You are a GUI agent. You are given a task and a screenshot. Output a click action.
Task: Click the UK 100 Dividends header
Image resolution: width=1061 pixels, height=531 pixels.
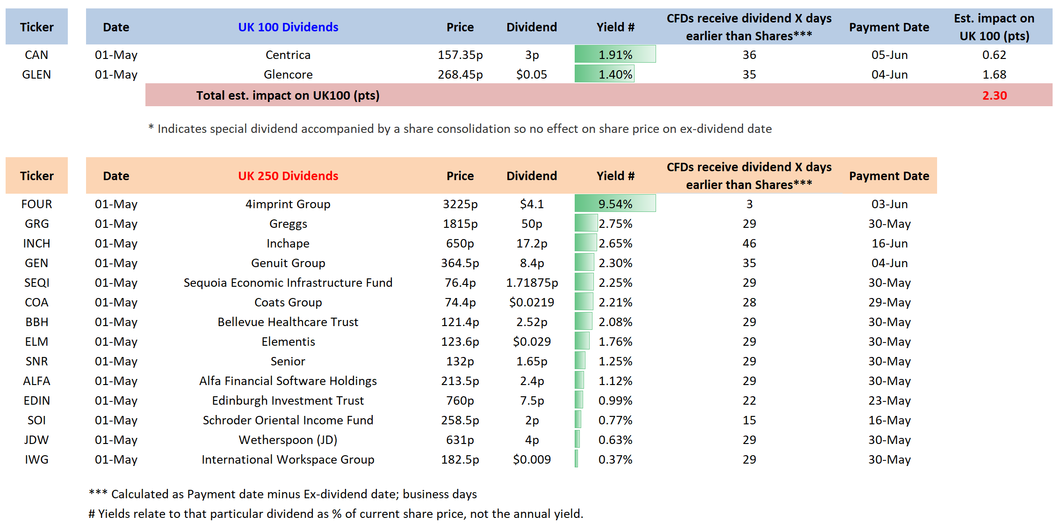pos(288,27)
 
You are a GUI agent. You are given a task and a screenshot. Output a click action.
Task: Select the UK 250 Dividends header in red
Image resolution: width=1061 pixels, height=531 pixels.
pos(288,176)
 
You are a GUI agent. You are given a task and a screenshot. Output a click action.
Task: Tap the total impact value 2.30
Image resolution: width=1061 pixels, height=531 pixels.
pos(994,95)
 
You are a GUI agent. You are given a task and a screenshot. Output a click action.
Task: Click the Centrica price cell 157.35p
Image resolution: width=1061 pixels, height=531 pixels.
pos(460,55)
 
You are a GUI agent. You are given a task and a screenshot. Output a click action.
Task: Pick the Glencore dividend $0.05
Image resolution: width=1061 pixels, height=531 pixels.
pos(532,74)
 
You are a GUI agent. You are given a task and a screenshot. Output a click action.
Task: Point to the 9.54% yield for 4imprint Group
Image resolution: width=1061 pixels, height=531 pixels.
pos(615,204)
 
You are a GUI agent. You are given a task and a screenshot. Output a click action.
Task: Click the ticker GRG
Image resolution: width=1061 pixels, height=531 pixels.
pos(36,224)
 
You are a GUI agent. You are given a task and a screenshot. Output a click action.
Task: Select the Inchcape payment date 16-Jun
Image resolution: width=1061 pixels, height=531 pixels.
pos(889,243)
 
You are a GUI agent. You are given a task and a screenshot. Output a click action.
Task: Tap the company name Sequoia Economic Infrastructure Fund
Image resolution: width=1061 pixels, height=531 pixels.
pos(288,283)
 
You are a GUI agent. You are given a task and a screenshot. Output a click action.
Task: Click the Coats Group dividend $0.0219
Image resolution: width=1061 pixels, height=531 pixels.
pos(532,302)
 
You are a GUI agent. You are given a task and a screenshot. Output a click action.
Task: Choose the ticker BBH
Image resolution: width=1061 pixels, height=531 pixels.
pos(36,322)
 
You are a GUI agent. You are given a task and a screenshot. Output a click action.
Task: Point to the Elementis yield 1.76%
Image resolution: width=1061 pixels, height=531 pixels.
pos(615,342)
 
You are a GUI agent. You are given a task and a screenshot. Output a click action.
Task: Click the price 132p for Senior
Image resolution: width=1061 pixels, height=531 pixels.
pos(460,361)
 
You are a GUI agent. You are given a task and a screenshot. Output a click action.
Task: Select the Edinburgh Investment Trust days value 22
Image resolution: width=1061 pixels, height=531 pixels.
pos(749,400)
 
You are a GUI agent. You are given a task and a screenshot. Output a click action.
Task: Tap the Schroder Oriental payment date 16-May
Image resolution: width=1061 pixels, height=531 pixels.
pos(889,420)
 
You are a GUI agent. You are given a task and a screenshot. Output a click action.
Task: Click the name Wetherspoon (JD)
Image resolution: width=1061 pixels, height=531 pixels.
pos(288,440)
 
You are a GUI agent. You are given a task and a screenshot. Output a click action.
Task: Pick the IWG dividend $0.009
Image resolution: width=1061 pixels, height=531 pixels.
pos(532,459)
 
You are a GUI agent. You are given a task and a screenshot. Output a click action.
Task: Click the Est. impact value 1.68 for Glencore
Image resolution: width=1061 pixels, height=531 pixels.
pos(994,74)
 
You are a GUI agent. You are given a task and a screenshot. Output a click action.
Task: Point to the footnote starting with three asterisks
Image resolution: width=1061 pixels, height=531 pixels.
pos(283,494)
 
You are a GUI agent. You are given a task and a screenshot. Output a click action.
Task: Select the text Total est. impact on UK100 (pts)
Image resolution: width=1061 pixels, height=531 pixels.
pos(288,95)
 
